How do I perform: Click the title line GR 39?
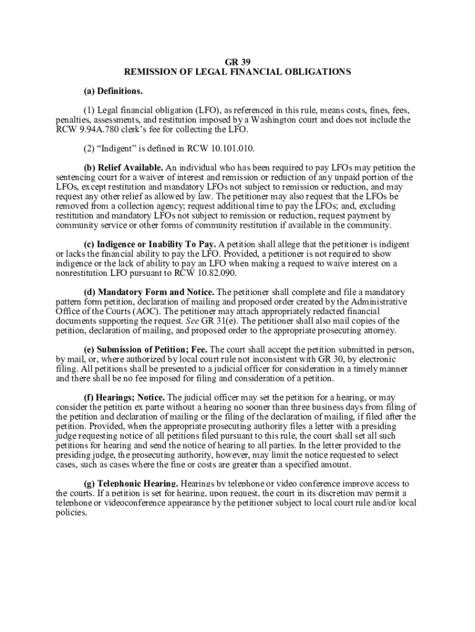click(238, 62)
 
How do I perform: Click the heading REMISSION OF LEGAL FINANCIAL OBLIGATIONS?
click(238, 72)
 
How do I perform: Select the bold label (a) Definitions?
click(114, 91)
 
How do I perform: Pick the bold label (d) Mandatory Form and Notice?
click(149, 292)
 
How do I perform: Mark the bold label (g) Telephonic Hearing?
click(131, 484)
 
